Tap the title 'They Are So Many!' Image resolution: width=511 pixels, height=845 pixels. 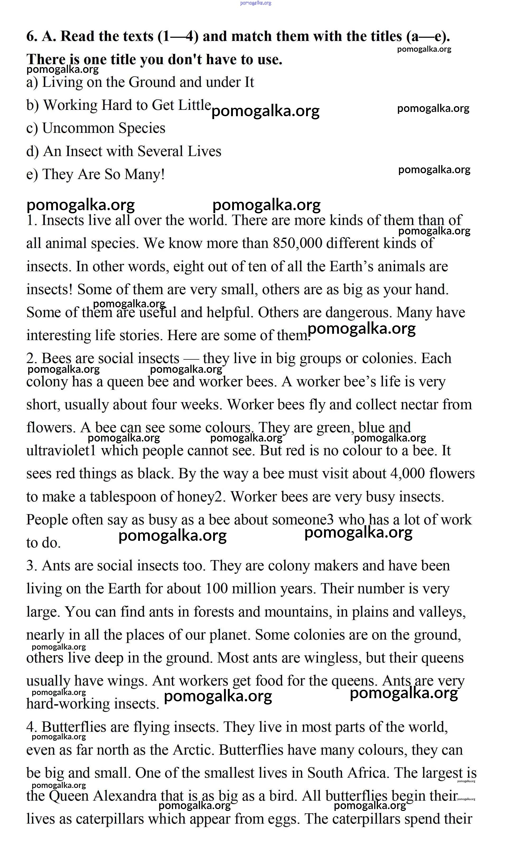103,174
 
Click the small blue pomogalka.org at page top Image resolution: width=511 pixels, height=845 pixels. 256,3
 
